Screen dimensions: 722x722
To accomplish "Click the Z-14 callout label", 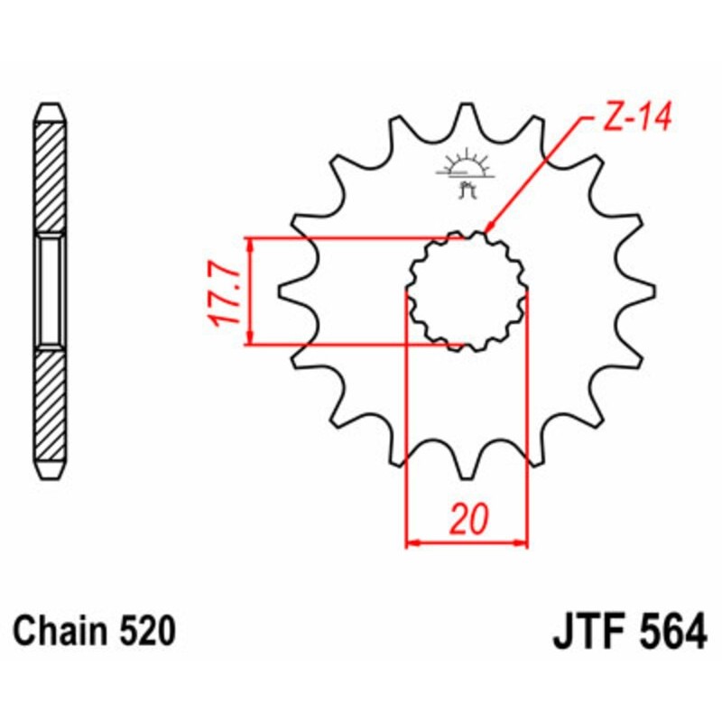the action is coord(637,117).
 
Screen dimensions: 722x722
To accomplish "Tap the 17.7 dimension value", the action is coord(225,297).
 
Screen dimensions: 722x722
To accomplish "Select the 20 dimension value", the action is coord(468,519).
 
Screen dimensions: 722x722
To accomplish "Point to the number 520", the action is coord(147,630).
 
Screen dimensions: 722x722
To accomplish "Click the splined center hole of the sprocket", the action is coord(467,292).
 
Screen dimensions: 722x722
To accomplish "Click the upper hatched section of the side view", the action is coord(50,177).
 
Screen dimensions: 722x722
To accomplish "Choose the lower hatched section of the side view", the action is coord(50,405).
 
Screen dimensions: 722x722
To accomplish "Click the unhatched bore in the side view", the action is coord(50,291).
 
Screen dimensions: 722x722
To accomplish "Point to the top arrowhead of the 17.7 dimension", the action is coord(250,245).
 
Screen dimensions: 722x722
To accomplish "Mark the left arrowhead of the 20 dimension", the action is coord(412,543).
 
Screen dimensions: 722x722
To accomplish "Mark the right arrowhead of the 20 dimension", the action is coord(521,543).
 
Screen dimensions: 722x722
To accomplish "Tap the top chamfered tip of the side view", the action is coord(50,114).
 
